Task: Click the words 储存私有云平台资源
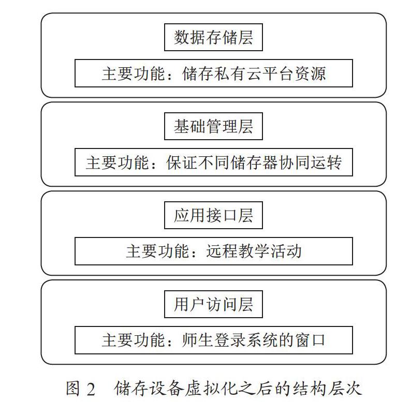tap(254, 73)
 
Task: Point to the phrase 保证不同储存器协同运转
tap(254, 162)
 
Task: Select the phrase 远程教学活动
tap(254, 251)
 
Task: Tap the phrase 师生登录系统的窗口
tap(254, 340)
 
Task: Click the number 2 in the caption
tap(91, 389)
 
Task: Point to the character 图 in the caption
tap(72, 389)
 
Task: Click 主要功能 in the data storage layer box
tap(134, 73)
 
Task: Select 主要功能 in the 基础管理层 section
tap(118, 162)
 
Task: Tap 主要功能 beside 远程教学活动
tap(158, 251)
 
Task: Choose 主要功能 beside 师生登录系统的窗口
tap(134, 340)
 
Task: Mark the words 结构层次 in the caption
tap(328, 389)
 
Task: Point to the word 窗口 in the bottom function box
tap(310, 340)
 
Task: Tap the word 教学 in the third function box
tap(254, 251)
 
